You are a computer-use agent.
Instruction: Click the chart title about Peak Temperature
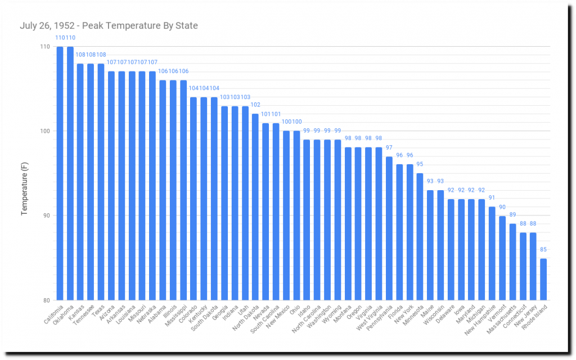pyautogui.click(x=109, y=26)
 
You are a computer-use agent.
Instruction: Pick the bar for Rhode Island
pyautogui.click(x=543, y=279)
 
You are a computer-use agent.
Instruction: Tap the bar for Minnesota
pyautogui.click(x=420, y=236)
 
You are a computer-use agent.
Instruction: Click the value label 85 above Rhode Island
pyautogui.click(x=543, y=250)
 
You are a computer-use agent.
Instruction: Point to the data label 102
pyautogui.click(x=255, y=105)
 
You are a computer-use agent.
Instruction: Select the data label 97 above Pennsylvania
pyautogui.click(x=389, y=147)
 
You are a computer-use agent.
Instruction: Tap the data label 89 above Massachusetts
pyautogui.click(x=512, y=215)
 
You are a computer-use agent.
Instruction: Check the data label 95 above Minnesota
pyautogui.click(x=420, y=164)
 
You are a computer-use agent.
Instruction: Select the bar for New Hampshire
pyautogui.click(x=492, y=253)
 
